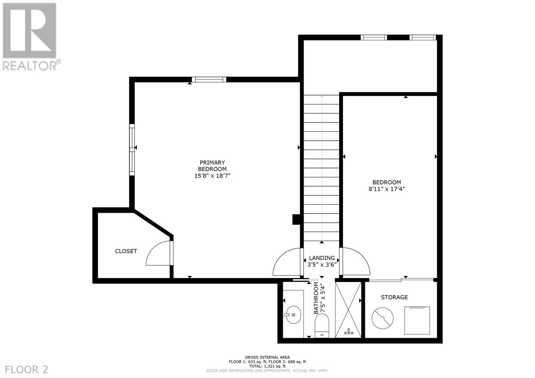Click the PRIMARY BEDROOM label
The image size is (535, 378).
pyautogui.click(x=212, y=166)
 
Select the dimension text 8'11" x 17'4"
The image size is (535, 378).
pyautogui.click(x=387, y=189)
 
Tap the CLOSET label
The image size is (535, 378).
pyautogui.click(x=126, y=251)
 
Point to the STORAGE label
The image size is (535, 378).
pyautogui.click(x=394, y=297)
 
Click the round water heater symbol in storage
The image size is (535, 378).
pyautogui.click(x=383, y=318)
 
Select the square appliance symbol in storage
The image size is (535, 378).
pyautogui.click(x=417, y=320)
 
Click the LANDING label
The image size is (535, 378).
pyautogui.click(x=322, y=258)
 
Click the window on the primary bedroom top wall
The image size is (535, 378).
pyautogui.click(x=209, y=80)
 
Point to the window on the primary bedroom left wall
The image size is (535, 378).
pyautogui.click(x=132, y=149)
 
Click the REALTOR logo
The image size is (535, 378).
pyautogui.click(x=30, y=37)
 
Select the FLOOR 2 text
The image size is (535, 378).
pyautogui.click(x=27, y=369)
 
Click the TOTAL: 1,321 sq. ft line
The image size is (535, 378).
pyautogui.click(x=267, y=366)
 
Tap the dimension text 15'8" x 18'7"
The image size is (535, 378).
pyautogui.click(x=212, y=175)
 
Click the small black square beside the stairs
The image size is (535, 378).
pyautogui.click(x=296, y=219)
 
